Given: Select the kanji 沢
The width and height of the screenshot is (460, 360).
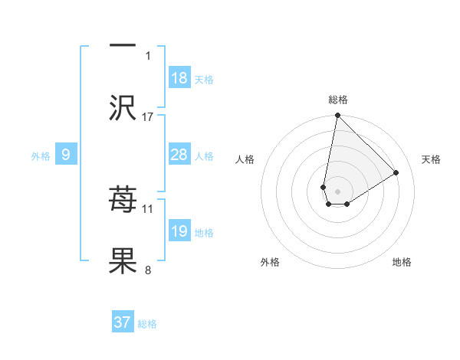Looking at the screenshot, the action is pos(123,107).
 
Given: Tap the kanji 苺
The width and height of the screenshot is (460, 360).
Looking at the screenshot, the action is pos(123,201).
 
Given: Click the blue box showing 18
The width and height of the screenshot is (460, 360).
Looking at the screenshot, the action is pos(179,78).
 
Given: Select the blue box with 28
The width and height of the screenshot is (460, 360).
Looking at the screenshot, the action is pos(179,155).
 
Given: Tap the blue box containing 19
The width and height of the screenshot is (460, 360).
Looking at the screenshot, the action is pos(179,231).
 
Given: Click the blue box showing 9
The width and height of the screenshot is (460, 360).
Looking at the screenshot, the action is pos(66,155).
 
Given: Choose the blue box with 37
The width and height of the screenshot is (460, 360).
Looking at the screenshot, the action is pos(123,322).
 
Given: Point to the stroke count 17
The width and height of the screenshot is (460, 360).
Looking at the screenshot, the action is pos(148,116).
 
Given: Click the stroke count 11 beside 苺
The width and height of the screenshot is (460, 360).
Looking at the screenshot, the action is pos(148,208).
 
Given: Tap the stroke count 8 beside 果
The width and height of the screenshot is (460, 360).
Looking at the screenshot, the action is pos(148,270).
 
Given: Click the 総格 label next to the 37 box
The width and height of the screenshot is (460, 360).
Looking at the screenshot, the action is pos(147,324).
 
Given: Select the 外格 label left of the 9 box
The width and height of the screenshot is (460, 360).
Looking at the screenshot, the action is pos(41,156).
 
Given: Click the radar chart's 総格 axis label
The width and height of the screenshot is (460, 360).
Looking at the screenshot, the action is pos(338,100).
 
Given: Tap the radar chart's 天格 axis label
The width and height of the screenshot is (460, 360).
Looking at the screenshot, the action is pos(432,159).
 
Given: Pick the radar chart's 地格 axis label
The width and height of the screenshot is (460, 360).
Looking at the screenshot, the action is pos(402,262).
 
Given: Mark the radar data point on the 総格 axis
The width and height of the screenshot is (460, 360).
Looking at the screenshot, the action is pos(337,116).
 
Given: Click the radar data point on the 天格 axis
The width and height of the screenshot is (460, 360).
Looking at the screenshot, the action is pos(396,172).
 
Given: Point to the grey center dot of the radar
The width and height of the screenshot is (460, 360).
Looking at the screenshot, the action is pos(337,191).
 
